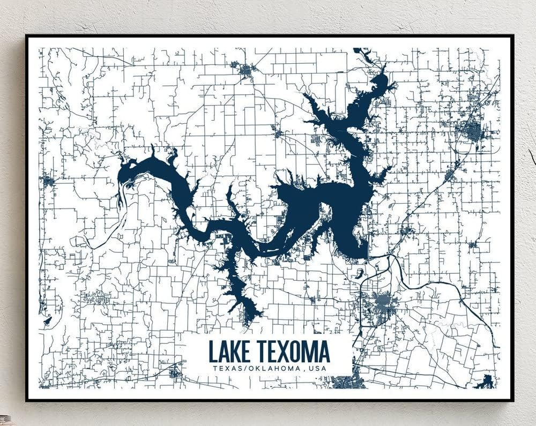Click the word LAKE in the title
[x=230, y=352]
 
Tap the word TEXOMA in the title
[x=293, y=352]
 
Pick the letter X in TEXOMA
[x=281, y=352]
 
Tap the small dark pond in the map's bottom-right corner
[x=486, y=381]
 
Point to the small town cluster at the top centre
[x=246, y=70]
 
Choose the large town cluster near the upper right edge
[x=471, y=131]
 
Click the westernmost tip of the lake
[x=119, y=177]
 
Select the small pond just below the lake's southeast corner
[x=358, y=273]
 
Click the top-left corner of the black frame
[x=27, y=36]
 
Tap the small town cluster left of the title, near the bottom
[x=175, y=373]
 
